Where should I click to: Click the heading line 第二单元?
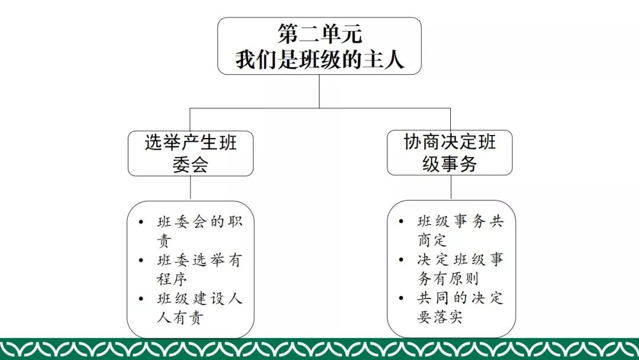point(319,34)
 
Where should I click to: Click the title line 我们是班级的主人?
point(319,59)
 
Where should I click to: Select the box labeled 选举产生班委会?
point(191,153)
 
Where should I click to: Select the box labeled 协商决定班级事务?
point(450,153)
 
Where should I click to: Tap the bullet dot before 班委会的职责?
point(140,223)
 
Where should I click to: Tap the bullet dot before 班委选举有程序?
point(140,261)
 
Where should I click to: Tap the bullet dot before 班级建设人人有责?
point(140,298)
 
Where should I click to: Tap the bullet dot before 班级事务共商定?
point(401,222)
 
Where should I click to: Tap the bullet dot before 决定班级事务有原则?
point(401,260)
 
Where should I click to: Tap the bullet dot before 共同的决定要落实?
point(401,298)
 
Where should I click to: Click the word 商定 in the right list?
point(433,240)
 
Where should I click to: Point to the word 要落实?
point(440,317)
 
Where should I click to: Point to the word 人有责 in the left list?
point(180,317)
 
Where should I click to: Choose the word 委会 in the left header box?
point(191,164)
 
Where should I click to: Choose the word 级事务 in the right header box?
point(450,163)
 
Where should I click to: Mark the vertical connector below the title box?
point(319,91)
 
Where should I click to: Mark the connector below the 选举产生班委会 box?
point(191,188)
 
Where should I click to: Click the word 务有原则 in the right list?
point(448,278)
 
